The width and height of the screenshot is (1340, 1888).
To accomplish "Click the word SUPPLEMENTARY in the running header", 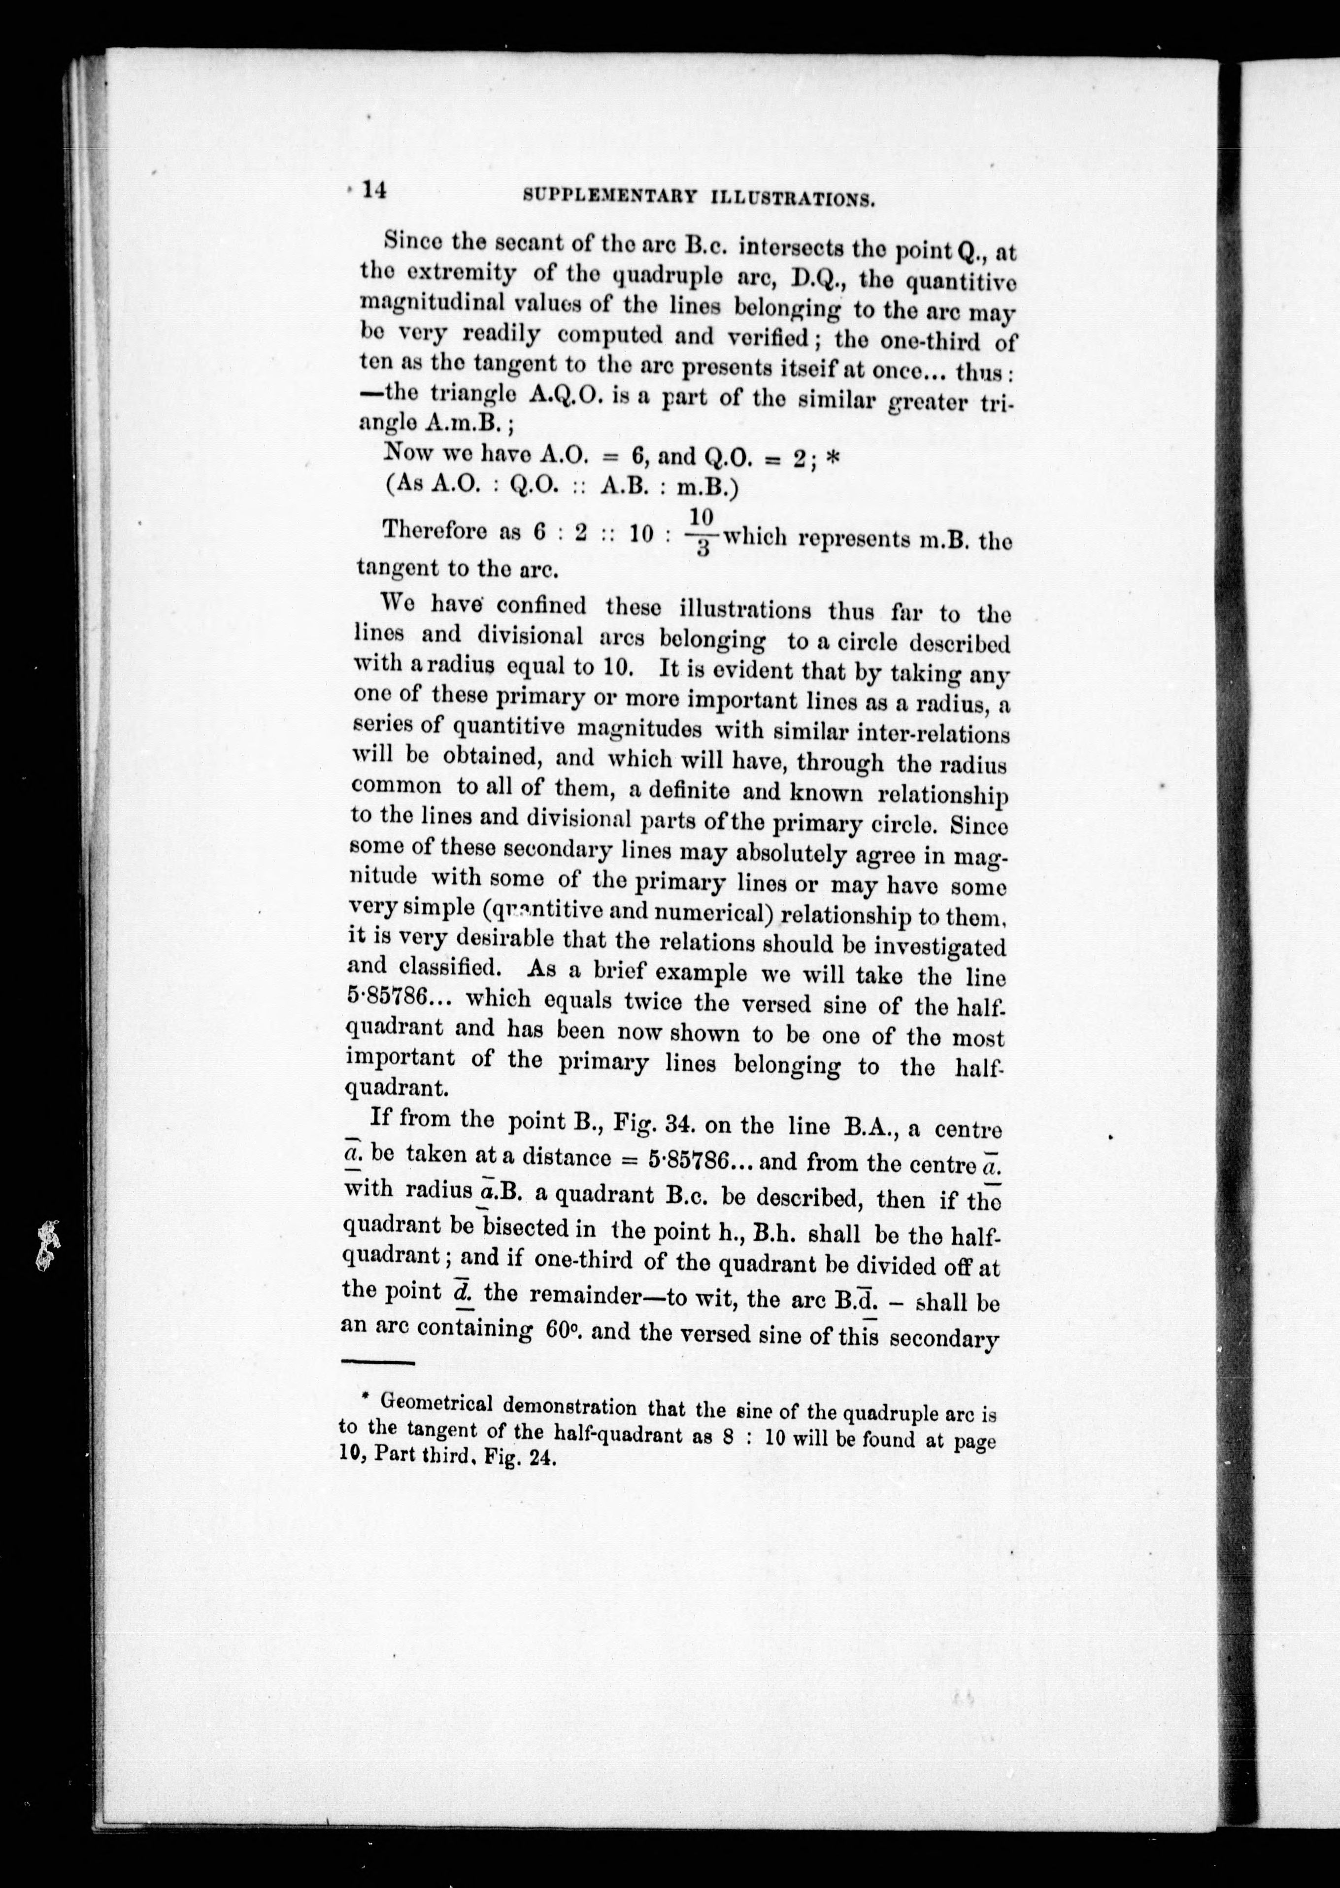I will [610, 197].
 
